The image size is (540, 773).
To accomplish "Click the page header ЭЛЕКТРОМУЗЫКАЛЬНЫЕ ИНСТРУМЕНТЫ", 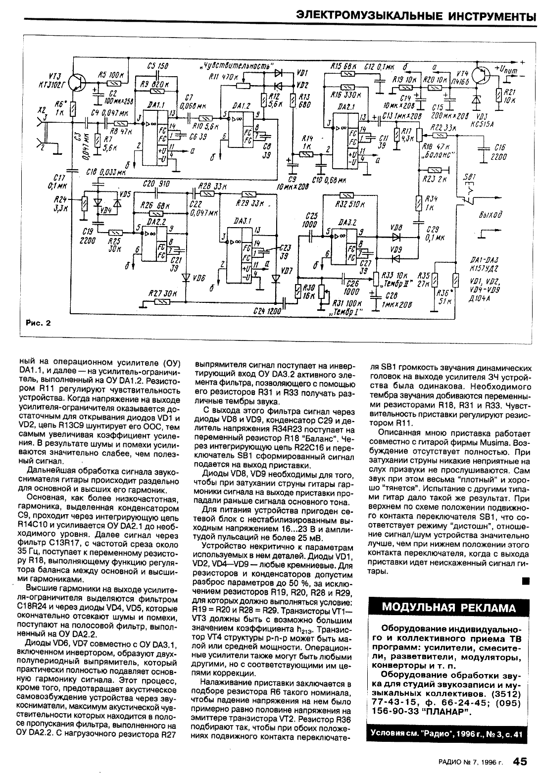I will pos(415,16).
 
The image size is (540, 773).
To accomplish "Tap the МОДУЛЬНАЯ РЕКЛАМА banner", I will pos(449,608).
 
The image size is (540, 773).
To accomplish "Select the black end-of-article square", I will pos(527,580).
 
